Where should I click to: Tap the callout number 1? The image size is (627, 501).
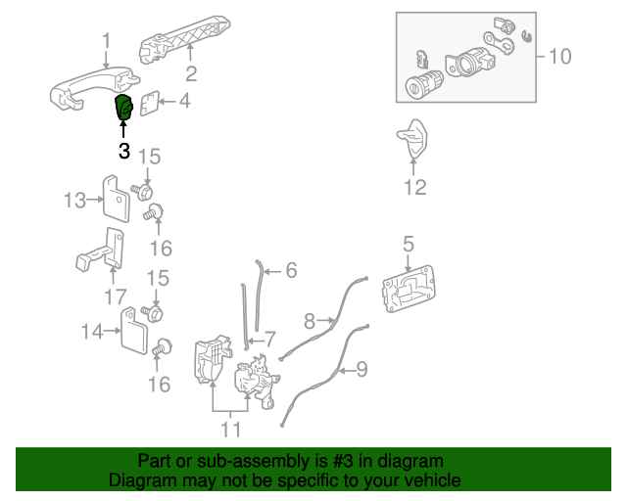(107, 41)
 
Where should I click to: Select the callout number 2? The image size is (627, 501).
(191, 73)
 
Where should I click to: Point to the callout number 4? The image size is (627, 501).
(183, 100)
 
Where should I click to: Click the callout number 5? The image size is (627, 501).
(409, 243)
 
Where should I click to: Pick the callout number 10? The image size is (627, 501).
(558, 57)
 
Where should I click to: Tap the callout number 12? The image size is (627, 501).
(415, 187)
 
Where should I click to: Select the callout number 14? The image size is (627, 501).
(91, 332)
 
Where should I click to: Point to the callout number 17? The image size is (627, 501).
(115, 296)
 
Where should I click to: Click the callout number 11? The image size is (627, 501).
(230, 428)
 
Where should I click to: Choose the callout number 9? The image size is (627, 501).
(362, 370)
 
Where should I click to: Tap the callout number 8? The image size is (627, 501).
(310, 320)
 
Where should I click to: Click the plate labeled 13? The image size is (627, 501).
(119, 200)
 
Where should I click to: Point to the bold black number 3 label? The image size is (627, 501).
(124, 151)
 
